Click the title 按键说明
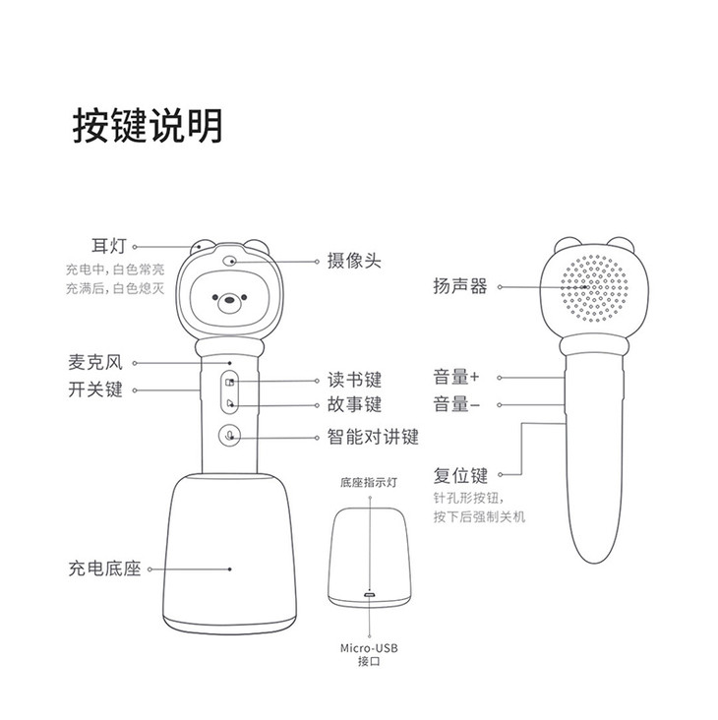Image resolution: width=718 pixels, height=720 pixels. [x=147, y=126]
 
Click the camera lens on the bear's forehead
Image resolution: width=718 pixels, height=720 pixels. [x=230, y=263]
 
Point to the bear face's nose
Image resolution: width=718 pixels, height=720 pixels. [x=233, y=299]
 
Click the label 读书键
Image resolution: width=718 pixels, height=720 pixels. [x=353, y=380]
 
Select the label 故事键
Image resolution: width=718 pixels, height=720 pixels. [x=353, y=404]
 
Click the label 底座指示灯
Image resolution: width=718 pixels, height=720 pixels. [x=369, y=484]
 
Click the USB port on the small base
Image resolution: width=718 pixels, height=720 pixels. [x=370, y=595]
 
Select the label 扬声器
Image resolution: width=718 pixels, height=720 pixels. [x=460, y=287]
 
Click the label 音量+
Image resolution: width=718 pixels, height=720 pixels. [x=456, y=377]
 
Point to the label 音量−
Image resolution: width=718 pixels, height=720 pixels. [x=456, y=404]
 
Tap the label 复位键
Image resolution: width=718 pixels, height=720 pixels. [x=460, y=476]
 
